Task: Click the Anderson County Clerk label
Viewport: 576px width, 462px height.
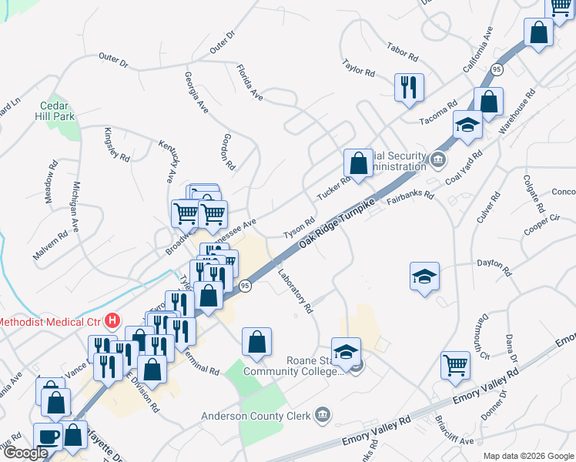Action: point(255,417)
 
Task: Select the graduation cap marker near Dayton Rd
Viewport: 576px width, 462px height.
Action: point(424,276)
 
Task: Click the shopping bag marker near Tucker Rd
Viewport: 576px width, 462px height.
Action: point(358,162)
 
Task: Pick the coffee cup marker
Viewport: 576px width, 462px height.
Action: point(49,435)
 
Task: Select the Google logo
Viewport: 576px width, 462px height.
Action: point(25,454)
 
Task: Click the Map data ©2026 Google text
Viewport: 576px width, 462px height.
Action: point(527,456)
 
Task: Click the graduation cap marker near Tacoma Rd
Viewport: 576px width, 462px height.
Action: point(467,124)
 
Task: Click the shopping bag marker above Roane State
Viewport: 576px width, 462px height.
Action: point(257,342)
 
